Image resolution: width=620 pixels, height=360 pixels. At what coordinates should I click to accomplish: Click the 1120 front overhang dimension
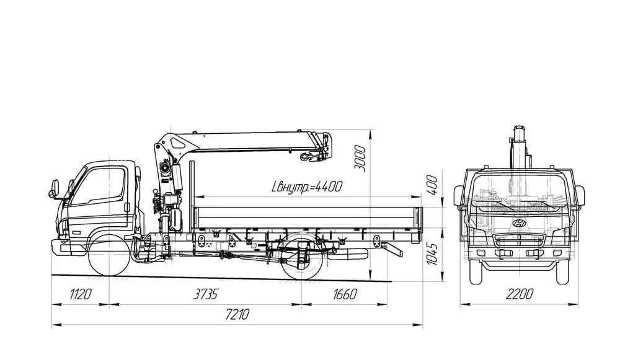81,294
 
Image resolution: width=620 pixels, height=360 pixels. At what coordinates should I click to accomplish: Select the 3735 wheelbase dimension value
206,294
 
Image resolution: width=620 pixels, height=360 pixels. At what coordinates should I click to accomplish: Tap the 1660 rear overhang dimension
345,294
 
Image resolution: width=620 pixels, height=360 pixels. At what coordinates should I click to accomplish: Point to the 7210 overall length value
237,315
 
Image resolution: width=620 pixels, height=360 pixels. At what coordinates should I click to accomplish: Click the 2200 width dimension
520,294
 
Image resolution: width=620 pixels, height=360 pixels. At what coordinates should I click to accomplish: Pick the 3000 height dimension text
360,158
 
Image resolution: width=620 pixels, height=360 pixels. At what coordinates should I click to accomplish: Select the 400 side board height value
432,185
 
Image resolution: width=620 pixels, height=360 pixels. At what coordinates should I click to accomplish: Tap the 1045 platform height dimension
432,254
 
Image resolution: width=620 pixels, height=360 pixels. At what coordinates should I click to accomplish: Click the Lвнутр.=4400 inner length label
307,187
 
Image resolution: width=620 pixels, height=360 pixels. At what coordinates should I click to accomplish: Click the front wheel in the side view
108,255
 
